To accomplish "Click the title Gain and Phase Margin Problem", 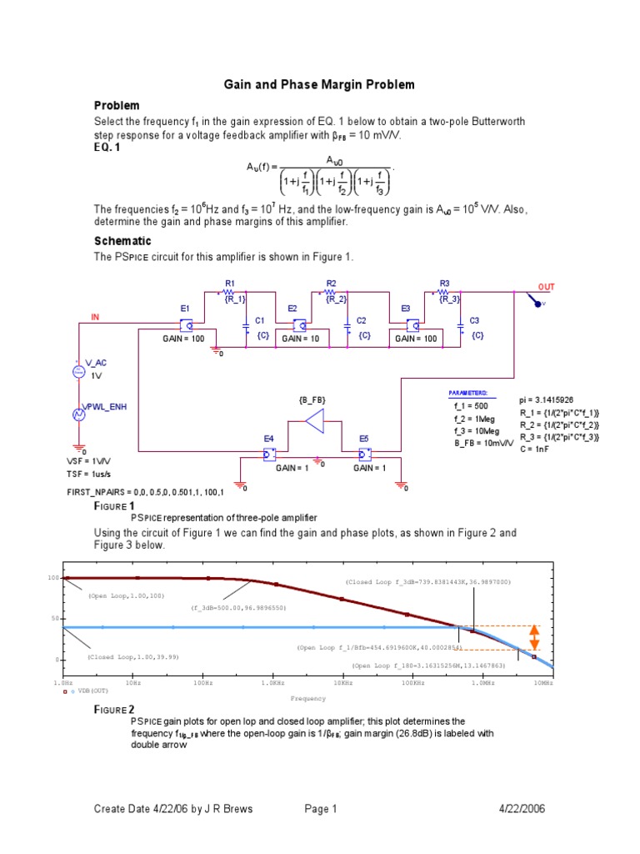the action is [x=319, y=85].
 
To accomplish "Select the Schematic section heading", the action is [x=122, y=241].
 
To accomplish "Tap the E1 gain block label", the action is [x=185, y=309].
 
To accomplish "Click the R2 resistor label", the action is [x=331, y=284].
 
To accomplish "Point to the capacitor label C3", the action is [x=474, y=320].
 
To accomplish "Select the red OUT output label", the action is [x=546, y=287].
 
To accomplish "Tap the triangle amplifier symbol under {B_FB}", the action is [x=315, y=422].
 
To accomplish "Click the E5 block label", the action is [x=364, y=439].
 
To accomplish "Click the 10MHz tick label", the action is [x=543, y=683].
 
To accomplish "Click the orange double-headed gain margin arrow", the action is [x=535, y=638].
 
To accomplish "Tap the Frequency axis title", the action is [x=307, y=698].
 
